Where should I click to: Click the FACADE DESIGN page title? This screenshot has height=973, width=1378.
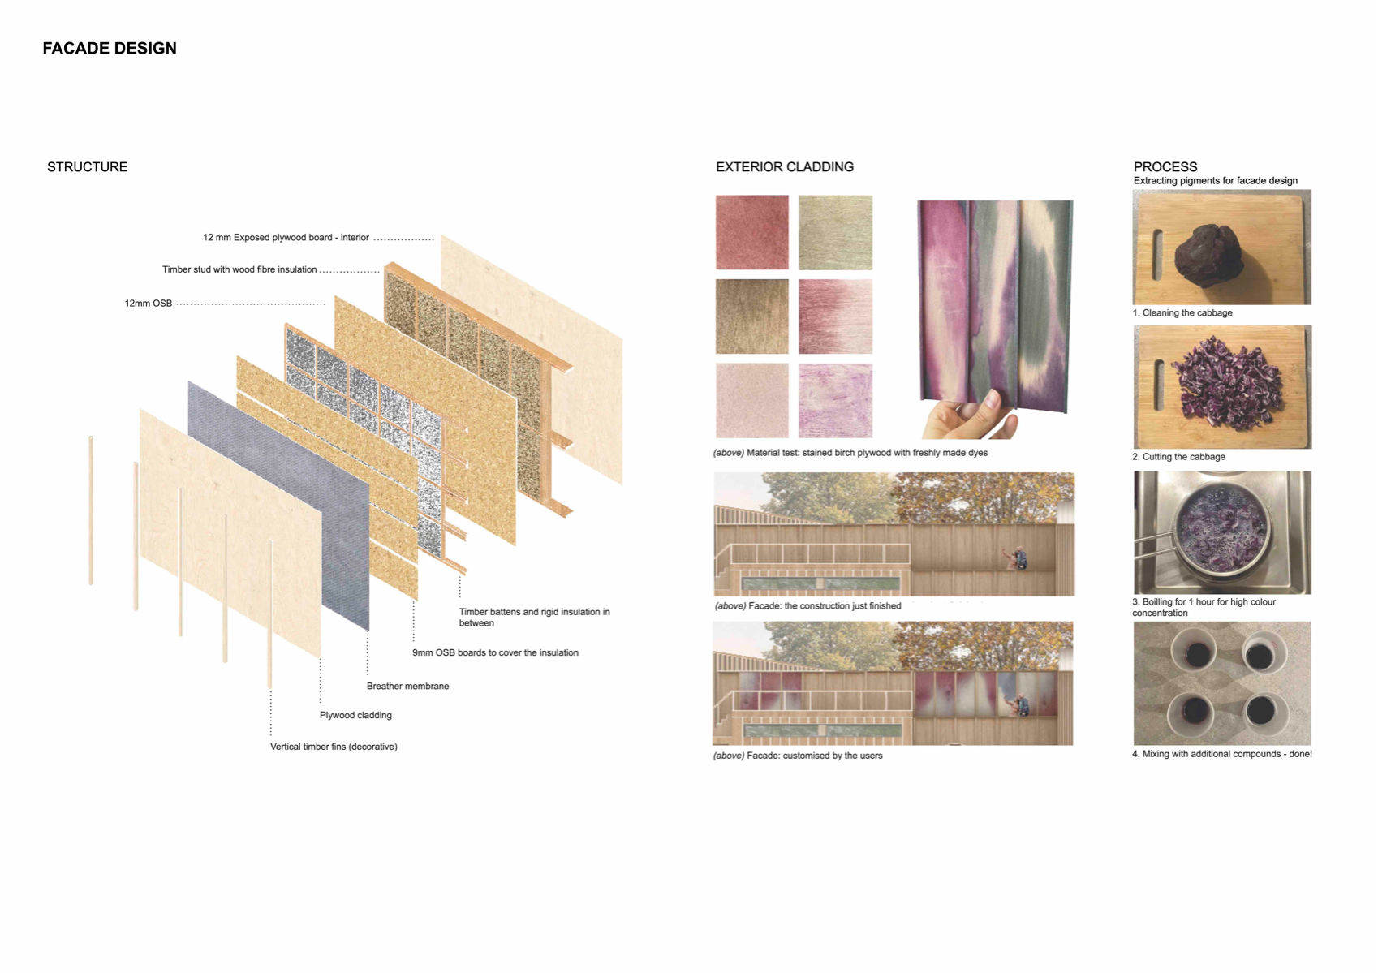[x=110, y=49]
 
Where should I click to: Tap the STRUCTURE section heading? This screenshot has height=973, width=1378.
[x=88, y=166]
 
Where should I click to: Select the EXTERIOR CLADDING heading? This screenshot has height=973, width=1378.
[x=784, y=166]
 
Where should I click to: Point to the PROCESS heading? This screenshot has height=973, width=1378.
[x=1165, y=166]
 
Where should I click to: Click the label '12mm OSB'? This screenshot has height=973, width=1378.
[x=149, y=304]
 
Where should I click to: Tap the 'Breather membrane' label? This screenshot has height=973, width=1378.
[x=407, y=686]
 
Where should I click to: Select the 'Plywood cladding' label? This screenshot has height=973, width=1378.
[x=355, y=715]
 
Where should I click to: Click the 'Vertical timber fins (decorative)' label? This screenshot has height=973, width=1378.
[x=334, y=747]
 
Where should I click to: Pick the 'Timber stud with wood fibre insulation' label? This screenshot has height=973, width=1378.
[x=239, y=269]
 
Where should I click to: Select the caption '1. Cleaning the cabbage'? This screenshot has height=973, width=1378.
[x=1182, y=313]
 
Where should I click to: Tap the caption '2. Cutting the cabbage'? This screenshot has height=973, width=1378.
[x=1178, y=457]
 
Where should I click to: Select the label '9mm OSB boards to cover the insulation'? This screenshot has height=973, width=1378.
[x=495, y=652]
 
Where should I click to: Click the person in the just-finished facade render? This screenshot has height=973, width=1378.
[x=1016, y=558]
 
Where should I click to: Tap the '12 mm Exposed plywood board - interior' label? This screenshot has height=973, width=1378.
[x=286, y=238]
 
